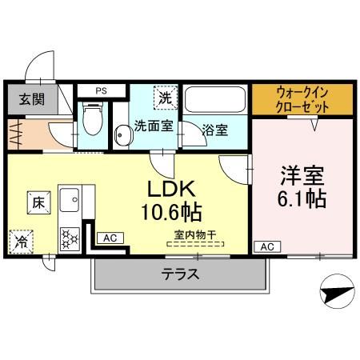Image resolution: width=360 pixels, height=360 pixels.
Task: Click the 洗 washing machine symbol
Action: pos(164,98)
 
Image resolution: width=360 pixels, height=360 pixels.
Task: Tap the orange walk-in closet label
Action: pos(302,99)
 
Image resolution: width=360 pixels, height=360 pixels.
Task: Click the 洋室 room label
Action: pos(302,173)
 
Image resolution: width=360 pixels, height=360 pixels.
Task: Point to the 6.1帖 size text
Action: pos(302,198)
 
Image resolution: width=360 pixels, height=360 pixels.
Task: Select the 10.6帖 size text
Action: pos(172,214)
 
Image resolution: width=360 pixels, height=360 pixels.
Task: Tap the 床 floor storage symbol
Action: pos(38,202)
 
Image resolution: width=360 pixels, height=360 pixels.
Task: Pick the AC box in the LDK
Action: pos(110,238)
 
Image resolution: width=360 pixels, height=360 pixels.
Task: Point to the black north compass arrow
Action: pos(337,286)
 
